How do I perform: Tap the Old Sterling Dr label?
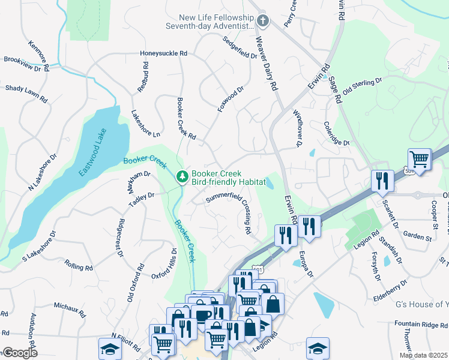click(x=362, y=86)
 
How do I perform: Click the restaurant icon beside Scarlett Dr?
click(x=381, y=181)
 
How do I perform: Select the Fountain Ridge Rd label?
click(x=420, y=325)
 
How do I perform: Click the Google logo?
click(x=19, y=353)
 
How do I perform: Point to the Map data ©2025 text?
click(x=424, y=355)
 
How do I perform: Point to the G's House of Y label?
click(x=422, y=305)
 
